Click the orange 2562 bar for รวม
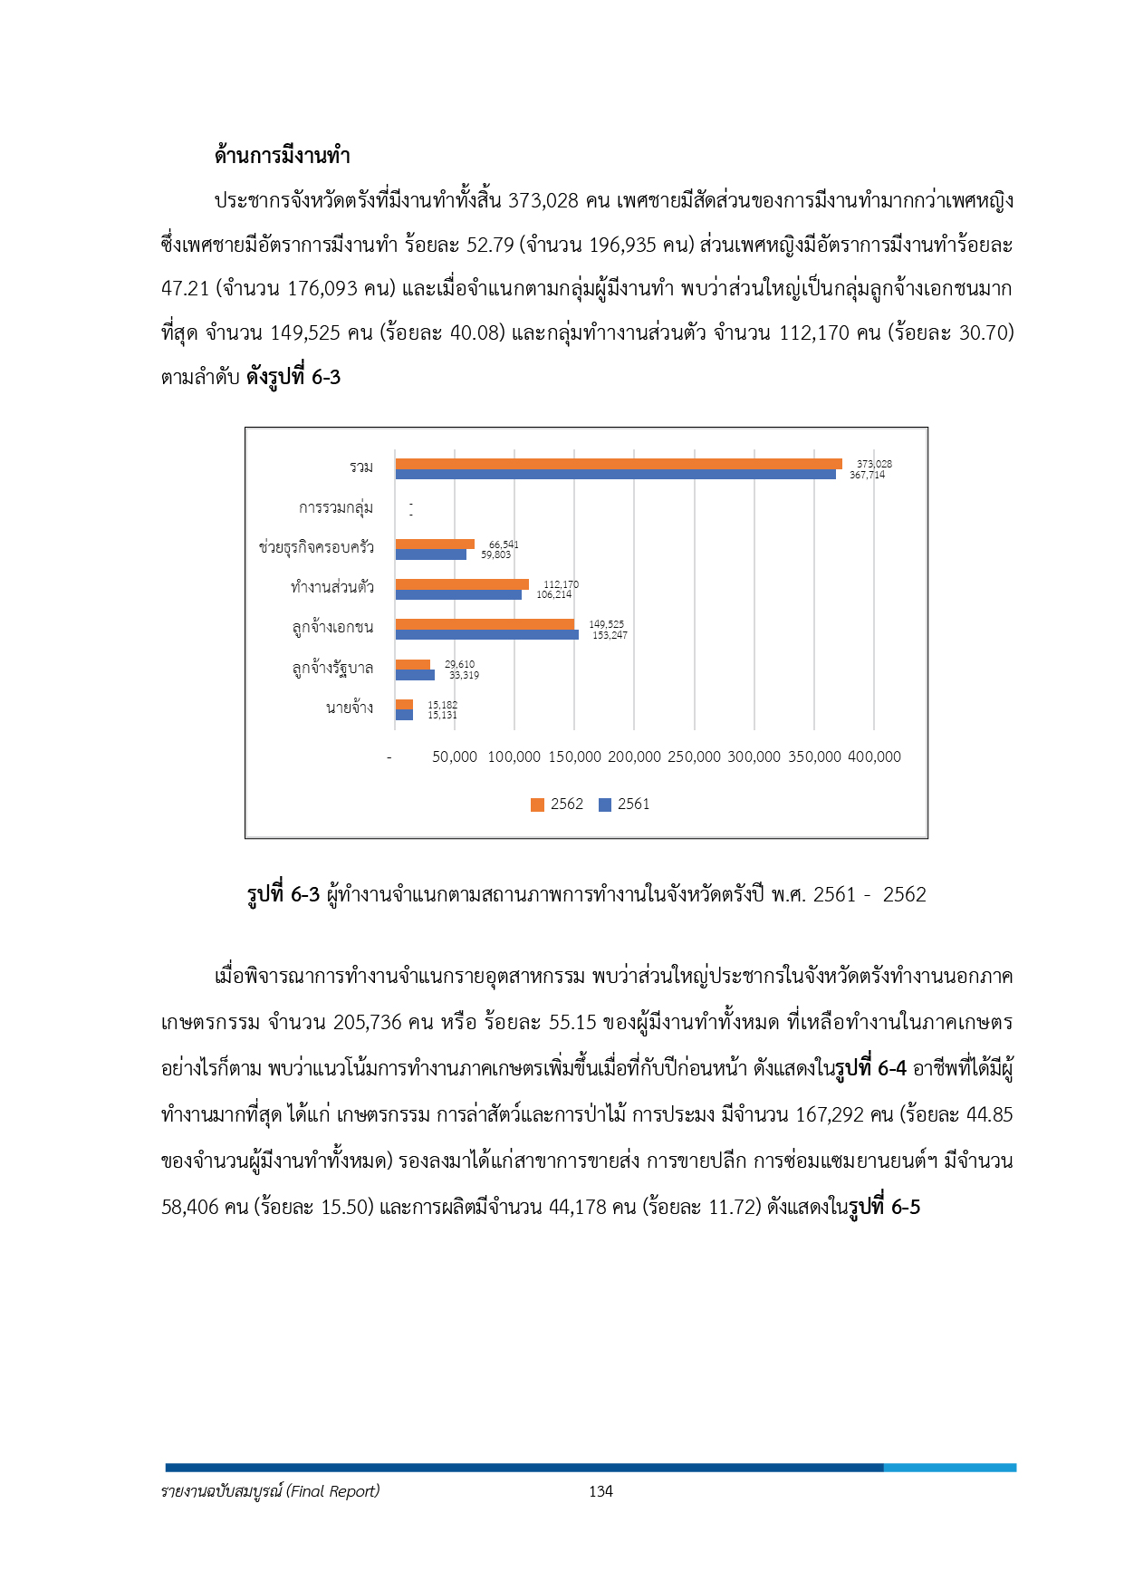click(x=619, y=464)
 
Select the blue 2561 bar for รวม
click(x=616, y=474)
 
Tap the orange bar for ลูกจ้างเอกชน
click(x=485, y=624)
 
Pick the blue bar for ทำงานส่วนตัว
click(x=458, y=595)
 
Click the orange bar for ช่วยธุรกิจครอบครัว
click(x=435, y=544)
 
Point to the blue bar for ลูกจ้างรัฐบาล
click(x=415, y=675)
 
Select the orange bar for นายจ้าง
click(x=404, y=705)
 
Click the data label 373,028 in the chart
click(x=874, y=464)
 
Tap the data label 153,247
click(x=610, y=635)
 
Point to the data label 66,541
click(x=504, y=544)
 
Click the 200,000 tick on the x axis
click(x=634, y=756)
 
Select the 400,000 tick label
click(x=874, y=756)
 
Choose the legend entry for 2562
click(x=557, y=805)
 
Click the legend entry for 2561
click(x=624, y=805)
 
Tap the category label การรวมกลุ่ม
click(x=336, y=507)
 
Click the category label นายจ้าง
click(x=350, y=708)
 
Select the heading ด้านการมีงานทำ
click(x=283, y=155)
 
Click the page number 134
click(x=600, y=1491)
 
